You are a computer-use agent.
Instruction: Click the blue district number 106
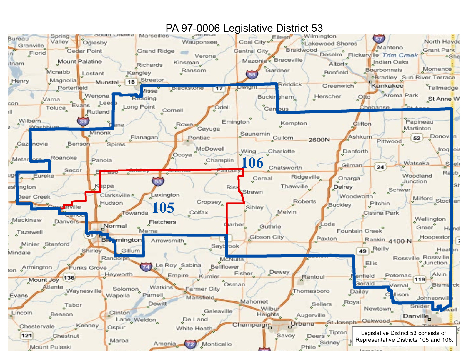pos(252,163)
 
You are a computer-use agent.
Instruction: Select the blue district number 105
pos(163,208)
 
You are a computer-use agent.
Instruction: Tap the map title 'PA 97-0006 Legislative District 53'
pos(244,28)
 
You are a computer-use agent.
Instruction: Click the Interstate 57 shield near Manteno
pos(378,39)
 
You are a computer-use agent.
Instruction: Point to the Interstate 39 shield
pos(83,121)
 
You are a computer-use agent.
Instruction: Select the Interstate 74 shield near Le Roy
pos(146,267)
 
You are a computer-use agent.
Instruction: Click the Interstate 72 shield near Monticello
pos(190,344)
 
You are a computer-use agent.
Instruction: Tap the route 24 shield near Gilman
pos(380,167)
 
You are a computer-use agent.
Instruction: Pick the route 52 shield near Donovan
pos(417,138)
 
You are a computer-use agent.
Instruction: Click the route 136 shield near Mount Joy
pos(69,278)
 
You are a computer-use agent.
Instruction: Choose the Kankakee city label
pos(387,86)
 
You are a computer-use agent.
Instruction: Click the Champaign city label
pos(251,325)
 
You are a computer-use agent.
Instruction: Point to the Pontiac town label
pos(199,138)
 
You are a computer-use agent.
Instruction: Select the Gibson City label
pos(267,237)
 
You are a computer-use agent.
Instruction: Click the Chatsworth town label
pos(285,168)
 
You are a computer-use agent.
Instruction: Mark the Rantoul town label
pos(313,277)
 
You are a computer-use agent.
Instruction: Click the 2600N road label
pos(319,140)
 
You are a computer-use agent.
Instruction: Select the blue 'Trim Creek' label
pos(400,55)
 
